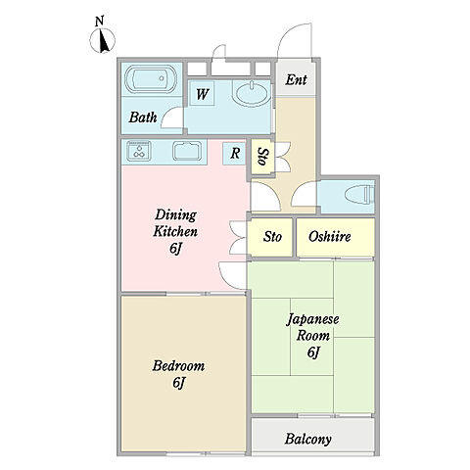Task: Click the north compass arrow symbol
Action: [103, 41]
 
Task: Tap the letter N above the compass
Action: [100, 22]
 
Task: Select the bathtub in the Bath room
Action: [151, 79]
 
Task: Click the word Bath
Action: [143, 117]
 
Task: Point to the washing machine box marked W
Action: [202, 93]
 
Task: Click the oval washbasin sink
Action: [252, 93]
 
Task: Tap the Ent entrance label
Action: [296, 80]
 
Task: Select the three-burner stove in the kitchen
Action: [139, 151]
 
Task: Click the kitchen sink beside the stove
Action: [187, 151]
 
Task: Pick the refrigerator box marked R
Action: [234, 153]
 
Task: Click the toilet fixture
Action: [359, 195]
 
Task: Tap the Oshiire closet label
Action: [330, 236]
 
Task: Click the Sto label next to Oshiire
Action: [272, 236]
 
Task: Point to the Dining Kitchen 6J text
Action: [175, 231]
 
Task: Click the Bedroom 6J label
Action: [178, 374]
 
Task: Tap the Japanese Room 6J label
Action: [312, 336]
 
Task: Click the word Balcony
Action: [307, 439]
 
